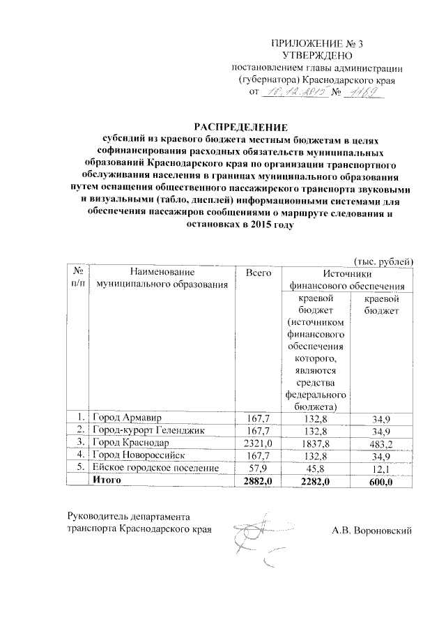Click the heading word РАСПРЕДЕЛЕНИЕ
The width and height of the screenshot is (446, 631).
(241, 127)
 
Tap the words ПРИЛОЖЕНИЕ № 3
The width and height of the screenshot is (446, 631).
(313, 44)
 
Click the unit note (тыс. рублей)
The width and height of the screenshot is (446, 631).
(384, 261)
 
